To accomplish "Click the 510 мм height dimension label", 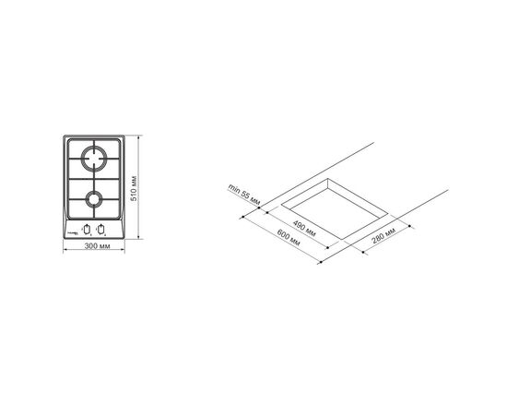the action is tap(135, 188).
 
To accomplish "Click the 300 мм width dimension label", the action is tap(98, 246).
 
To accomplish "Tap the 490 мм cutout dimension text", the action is tap(304, 229).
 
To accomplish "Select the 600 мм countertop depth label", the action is tap(289, 237).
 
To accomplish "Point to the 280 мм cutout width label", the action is tap(383, 235).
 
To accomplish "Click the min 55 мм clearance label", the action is tap(244, 195).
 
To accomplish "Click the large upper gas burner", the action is tap(94, 159).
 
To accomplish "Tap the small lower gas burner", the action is tap(94, 199).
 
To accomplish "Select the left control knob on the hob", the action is tap(87, 230).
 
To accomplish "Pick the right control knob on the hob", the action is tap(101, 230).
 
